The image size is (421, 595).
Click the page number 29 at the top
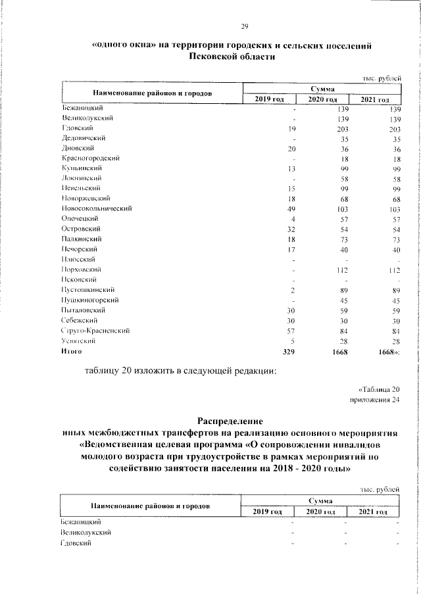[x=244, y=26]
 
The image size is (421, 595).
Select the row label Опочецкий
[x=79, y=218]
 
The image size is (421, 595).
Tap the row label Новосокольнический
[x=97, y=208]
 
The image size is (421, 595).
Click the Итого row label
[x=71, y=352]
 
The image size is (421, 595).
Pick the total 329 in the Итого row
[x=289, y=352]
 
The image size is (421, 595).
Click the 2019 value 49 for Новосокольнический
[x=292, y=208]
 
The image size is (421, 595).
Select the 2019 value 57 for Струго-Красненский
[x=292, y=330]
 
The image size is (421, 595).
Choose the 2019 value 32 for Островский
[x=292, y=229]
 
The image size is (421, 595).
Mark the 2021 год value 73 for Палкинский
[x=394, y=239]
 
